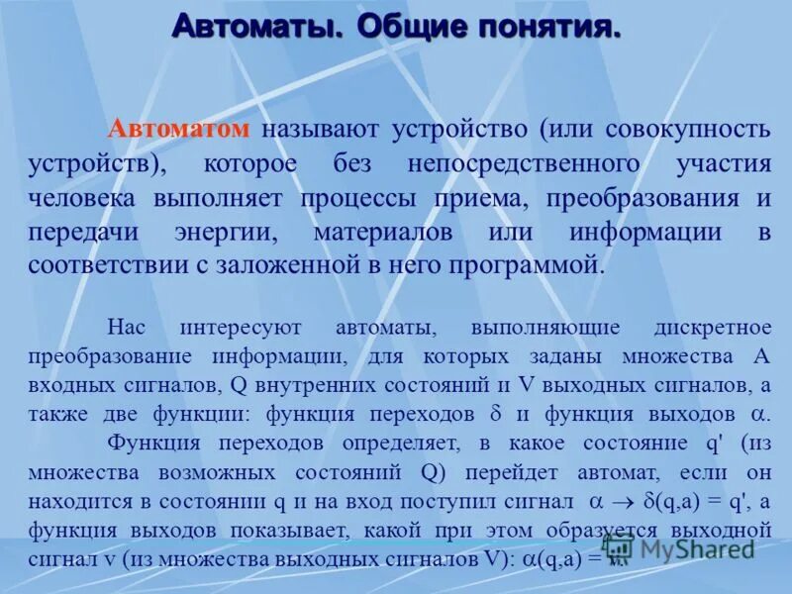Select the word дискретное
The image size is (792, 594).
click(712, 328)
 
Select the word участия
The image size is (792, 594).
click(727, 162)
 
